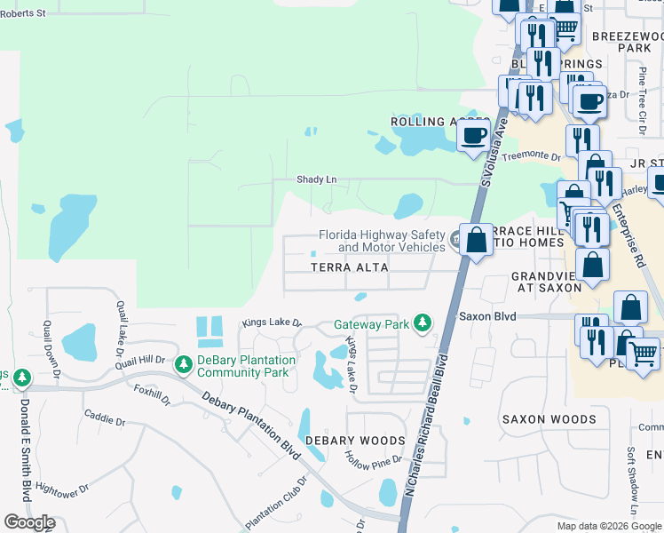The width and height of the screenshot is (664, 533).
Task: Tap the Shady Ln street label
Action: tap(316, 179)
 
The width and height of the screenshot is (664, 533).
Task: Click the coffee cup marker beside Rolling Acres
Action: tap(474, 136)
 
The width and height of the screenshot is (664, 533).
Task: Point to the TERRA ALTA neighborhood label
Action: tap(350, 267)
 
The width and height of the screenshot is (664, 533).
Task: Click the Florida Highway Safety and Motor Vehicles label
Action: tap(382, 241)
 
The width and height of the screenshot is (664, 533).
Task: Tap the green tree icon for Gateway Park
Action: tap(423, 323)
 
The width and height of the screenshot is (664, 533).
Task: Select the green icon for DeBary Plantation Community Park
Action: tap(184, 364)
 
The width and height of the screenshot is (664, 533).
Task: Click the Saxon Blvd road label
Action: tap(486, 315)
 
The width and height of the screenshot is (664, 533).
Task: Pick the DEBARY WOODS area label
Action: tap(355, 441)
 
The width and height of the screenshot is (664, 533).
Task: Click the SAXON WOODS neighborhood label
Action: tap(549, 419)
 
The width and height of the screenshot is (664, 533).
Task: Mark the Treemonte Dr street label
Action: tap(532, 156)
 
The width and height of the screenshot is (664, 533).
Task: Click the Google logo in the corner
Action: tap(29, 522)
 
